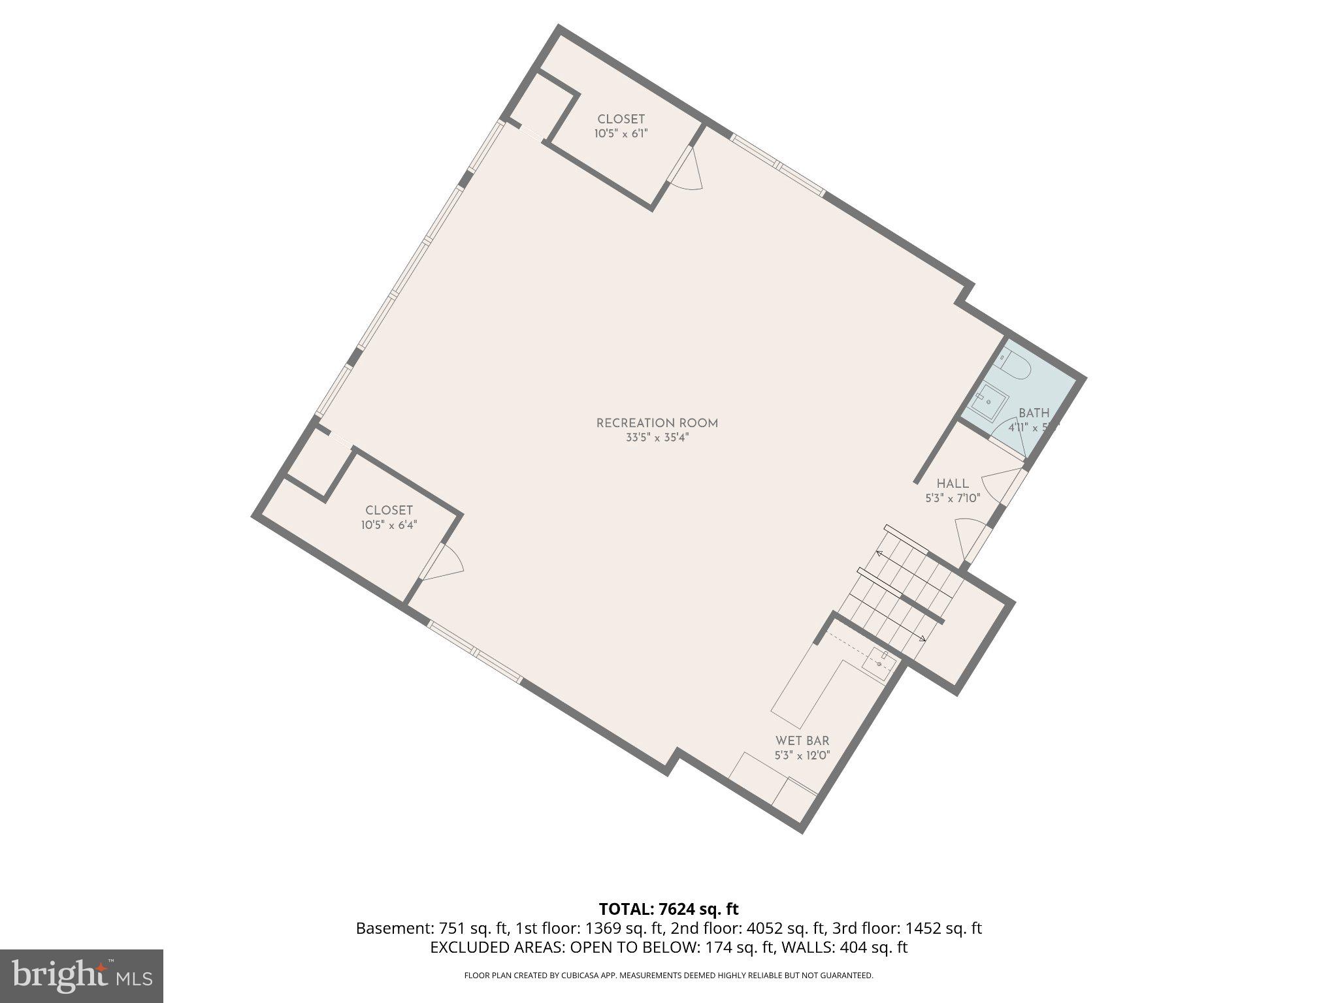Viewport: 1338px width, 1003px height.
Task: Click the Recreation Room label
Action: (x=657, y=423)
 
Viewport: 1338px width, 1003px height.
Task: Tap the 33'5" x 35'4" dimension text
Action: (x=657, y=438)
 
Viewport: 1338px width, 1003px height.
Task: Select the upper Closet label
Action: (x=621, y=119)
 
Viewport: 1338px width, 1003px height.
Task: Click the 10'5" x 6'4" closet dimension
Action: (x=389, y=525)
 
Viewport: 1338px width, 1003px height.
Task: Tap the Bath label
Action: (x=1034, y=413)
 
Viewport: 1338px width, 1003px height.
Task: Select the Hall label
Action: (x=953, y=484)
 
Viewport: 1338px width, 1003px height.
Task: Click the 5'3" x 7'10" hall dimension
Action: (x=953, y=498)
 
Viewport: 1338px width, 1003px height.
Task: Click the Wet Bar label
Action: (x=802, y=740)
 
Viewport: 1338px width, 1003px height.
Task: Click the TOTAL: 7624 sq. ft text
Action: (x=668, y=909)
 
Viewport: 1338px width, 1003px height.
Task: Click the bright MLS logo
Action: (x=81, y=976)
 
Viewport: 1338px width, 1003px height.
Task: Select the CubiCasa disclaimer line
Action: (x=668, y=976)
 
